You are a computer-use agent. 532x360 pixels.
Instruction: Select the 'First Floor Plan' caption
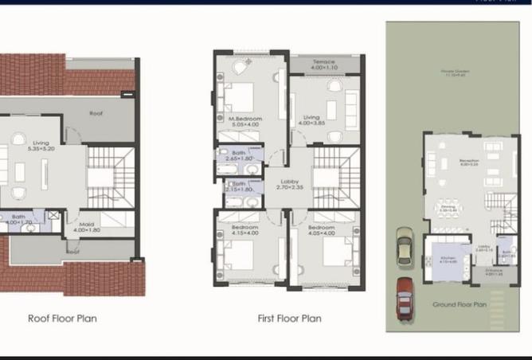(289, 319)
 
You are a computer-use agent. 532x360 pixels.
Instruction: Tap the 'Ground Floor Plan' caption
(459, 304)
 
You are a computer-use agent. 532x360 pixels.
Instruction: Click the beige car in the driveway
(405, 247)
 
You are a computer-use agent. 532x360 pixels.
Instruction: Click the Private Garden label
(456, 73)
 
